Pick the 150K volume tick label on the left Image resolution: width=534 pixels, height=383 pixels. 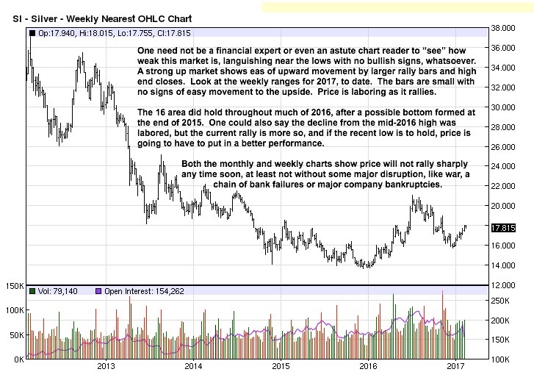(x=15, y=285)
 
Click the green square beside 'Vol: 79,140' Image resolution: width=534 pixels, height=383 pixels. (x=32, y=292)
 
